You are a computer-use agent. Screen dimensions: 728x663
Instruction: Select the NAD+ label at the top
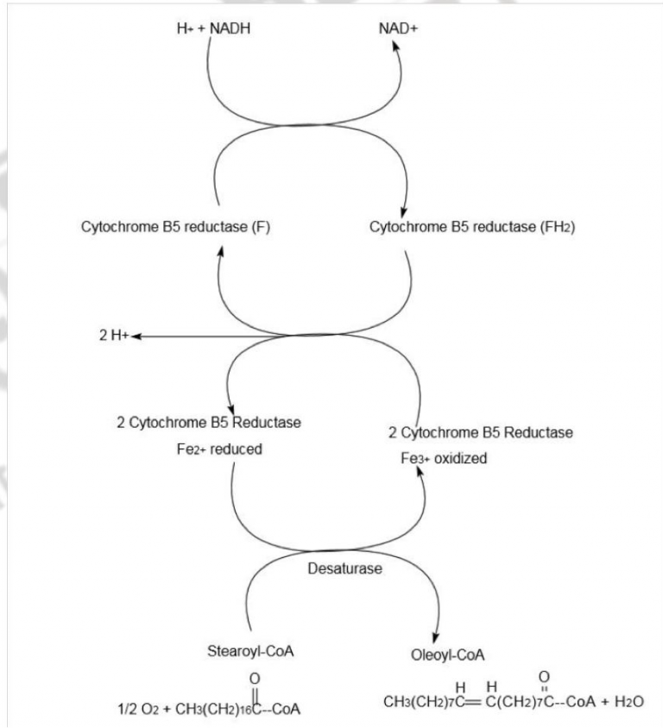[x=396, y=28]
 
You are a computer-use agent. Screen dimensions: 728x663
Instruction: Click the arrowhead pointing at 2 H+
[x=136, y=336]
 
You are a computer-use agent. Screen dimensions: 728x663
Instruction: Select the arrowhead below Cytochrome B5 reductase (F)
[x=221, y=251]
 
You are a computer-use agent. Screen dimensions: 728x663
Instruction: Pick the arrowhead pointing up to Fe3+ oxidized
[x=420, y=477]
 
